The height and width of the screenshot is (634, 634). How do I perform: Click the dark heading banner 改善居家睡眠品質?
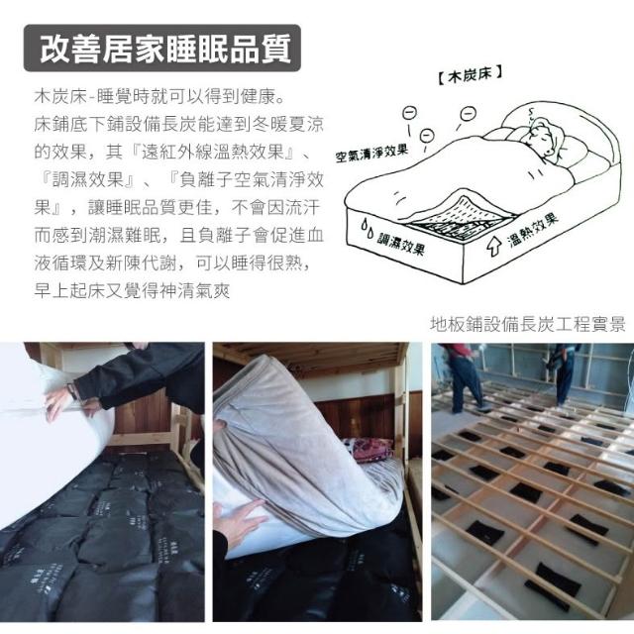pos(162,49)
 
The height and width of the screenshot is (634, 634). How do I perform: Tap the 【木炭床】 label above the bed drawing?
pos(471,74)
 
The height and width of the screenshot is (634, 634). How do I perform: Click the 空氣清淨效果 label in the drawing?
pos(371,154)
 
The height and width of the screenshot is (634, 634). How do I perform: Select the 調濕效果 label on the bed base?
pos(400,242)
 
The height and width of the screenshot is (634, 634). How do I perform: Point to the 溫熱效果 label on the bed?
pos(533,230)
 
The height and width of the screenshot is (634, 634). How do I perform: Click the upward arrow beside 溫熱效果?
pos(493,245)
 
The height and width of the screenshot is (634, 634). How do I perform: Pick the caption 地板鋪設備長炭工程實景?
pos(528,324)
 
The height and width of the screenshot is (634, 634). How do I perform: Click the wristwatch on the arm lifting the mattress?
pos(72,391)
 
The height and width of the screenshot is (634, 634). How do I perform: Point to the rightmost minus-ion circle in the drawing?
pos(469,113)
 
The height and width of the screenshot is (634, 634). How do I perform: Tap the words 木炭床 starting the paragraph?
pos(60,97)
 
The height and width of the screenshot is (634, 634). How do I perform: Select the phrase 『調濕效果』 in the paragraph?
pos(88,180)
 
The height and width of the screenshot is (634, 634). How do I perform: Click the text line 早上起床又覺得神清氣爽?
pos(132,290)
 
